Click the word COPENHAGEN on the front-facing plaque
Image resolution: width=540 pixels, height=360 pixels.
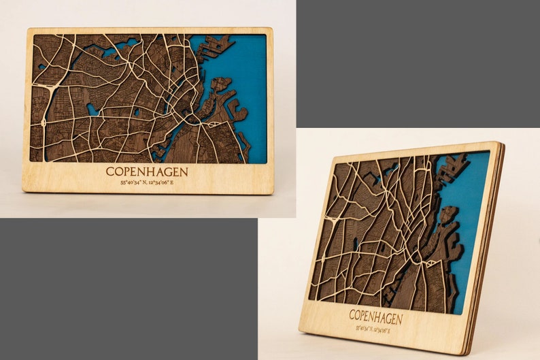tap(147, 171)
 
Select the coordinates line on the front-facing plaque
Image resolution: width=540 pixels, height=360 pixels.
tap(147, 182)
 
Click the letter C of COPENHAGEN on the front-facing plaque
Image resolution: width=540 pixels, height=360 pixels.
tap(110, 171)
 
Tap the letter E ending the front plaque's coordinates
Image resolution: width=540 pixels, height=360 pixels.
tap(171, 182)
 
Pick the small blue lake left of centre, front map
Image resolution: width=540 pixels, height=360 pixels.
tap(92, 109)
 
